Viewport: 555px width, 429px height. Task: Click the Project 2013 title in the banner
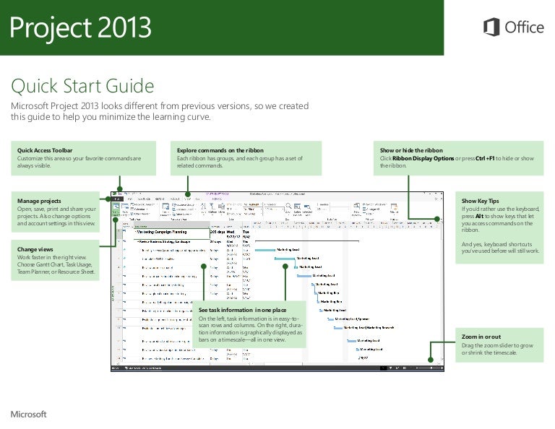click(80, 28)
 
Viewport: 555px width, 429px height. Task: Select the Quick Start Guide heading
click(82, 87)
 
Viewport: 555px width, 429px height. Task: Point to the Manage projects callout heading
click(39, 200)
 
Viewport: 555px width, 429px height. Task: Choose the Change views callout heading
click(35, 250)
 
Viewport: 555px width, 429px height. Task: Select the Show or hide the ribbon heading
click(416, 149)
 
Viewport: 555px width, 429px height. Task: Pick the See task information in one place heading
click(241, 310)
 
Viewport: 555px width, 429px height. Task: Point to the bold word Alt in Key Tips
click(479, 216)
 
